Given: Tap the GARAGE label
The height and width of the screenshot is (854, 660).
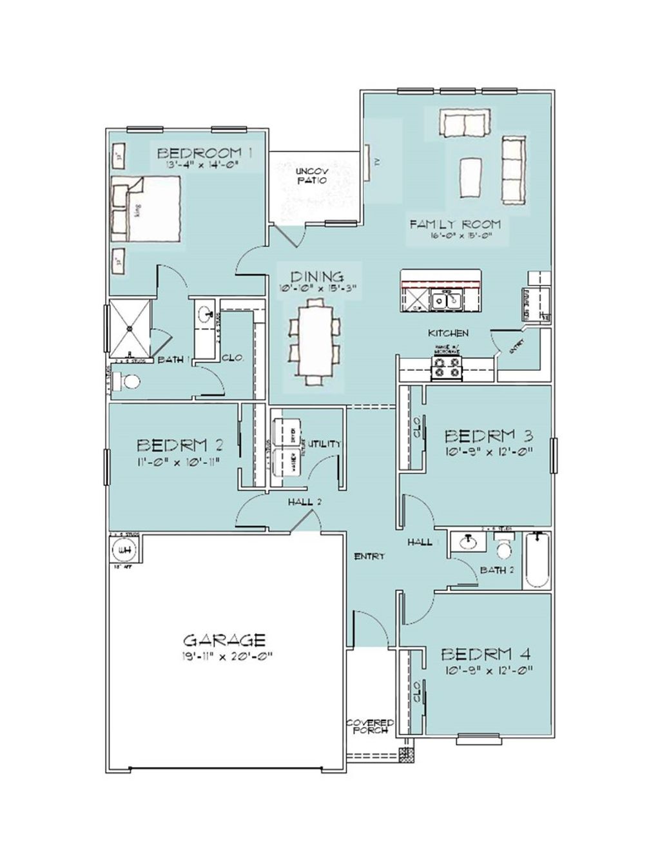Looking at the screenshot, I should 224,640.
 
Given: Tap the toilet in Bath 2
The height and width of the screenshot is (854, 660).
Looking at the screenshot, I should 503,548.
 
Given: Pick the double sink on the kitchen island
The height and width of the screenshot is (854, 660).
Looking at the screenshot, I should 446,299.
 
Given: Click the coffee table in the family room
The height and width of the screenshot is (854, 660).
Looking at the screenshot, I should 471,178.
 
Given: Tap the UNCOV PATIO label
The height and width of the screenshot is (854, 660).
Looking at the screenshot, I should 311,176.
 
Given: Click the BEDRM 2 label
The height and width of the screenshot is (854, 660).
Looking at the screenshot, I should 180,445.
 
